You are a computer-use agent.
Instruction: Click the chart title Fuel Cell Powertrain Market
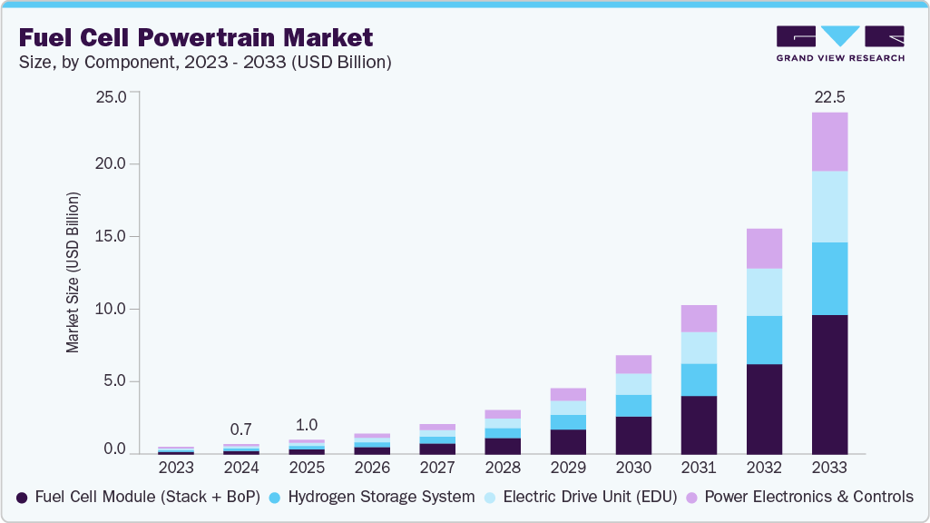(x=195, y=38)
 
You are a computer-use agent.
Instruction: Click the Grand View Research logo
(x=840, y=43)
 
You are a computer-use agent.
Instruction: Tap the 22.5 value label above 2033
(x=828, y=97)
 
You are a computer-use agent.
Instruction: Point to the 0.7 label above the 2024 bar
(x=241, y=429)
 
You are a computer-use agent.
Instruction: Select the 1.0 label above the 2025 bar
(x=306, y=424)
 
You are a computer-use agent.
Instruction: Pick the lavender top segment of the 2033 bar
(x=829, y=142)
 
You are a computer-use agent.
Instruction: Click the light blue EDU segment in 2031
(x=699, y=348)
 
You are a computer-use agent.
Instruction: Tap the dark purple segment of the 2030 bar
(x=633, y=435)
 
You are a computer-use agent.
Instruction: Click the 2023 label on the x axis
(x=176, y=469)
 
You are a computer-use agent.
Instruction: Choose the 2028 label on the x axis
(x=503, y=469)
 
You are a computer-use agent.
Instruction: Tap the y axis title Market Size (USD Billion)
(x=72, y=272)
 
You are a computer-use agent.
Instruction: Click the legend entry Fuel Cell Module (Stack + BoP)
(x=138, y=497)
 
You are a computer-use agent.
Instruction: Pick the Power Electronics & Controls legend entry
(x=799, y=497)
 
